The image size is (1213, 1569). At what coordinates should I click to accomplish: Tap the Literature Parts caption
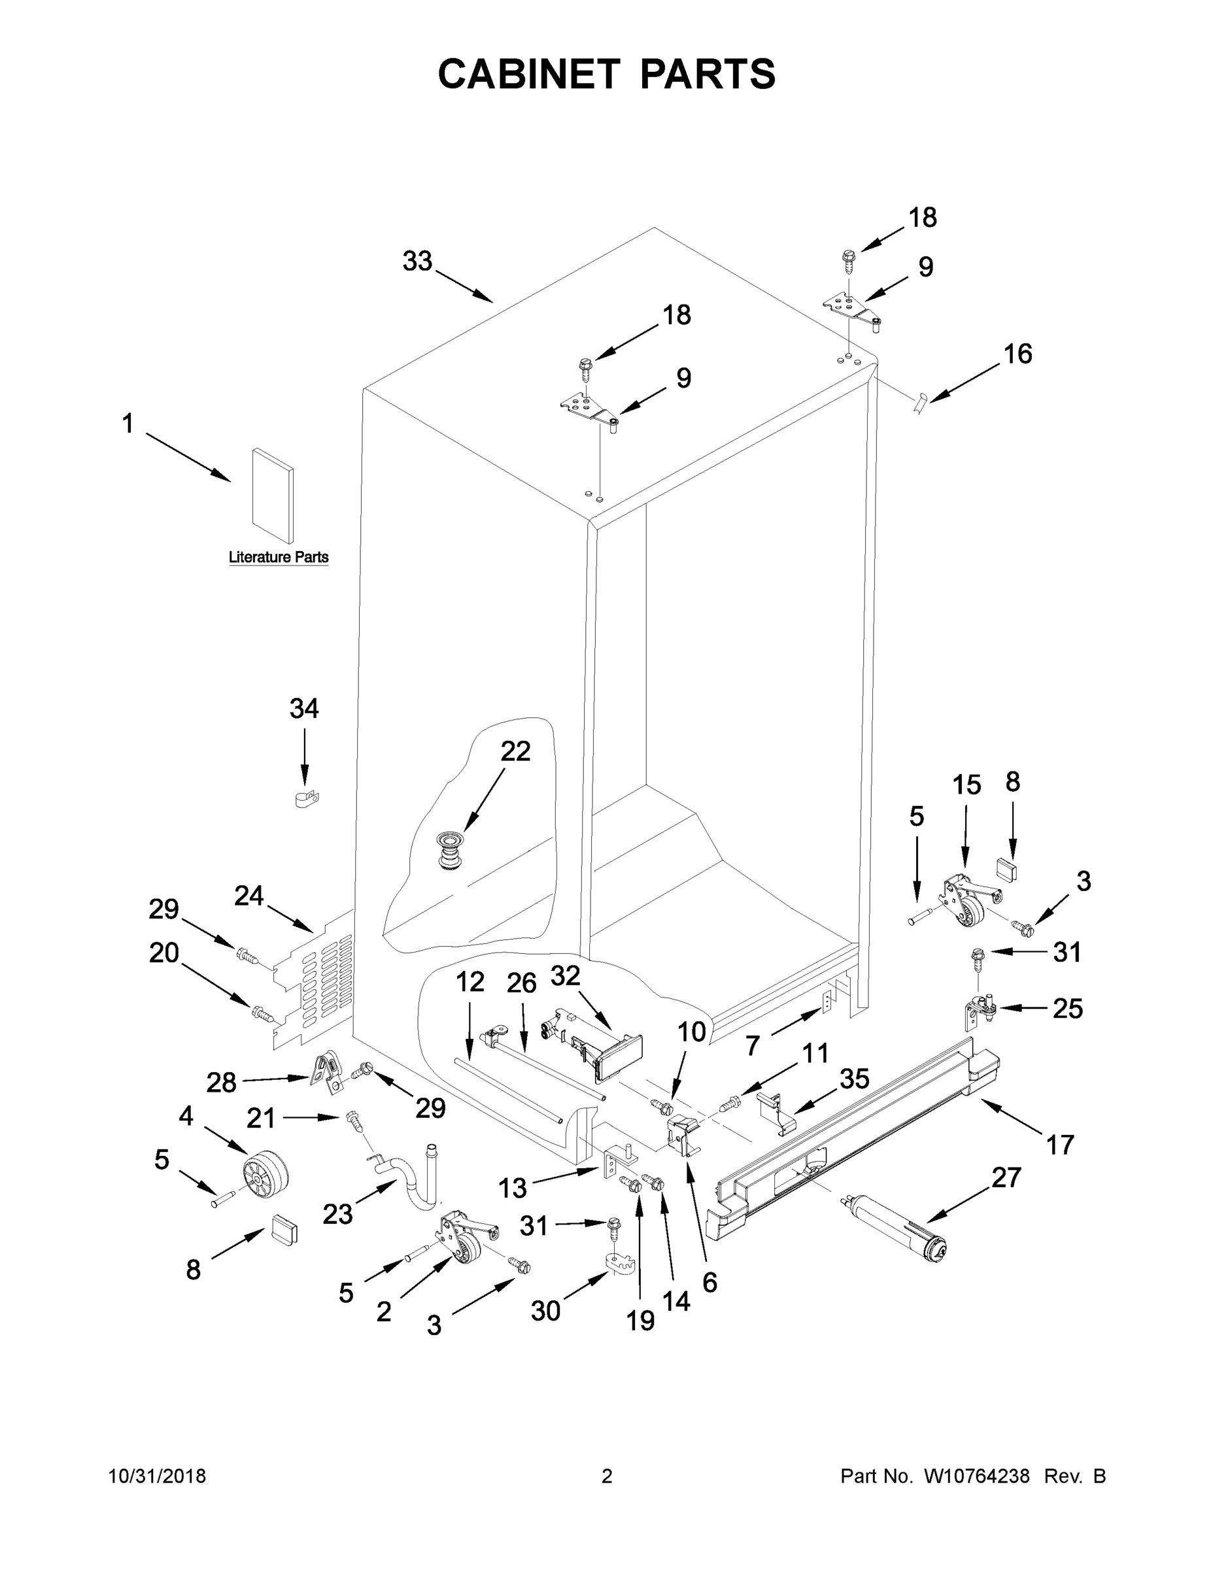278,557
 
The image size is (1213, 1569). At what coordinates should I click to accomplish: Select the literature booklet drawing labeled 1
272,496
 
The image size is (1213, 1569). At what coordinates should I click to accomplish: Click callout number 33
417,261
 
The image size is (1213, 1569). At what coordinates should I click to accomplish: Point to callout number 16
1017,354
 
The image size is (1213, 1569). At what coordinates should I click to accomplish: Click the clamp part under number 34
307,798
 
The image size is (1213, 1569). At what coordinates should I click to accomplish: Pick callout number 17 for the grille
1060,1145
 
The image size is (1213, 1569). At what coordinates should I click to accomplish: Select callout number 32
566,975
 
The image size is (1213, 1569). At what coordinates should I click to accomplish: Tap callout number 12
470,981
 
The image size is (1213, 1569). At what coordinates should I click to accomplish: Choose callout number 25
1067,1009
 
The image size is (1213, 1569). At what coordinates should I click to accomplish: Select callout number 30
545,1311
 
